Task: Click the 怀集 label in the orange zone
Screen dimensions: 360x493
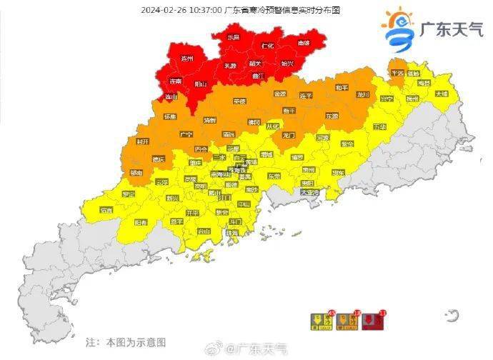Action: point(170,116)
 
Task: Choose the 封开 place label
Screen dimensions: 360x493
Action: point(142,142)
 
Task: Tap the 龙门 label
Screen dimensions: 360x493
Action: point(289,134)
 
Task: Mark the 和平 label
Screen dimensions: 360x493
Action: point(342,87)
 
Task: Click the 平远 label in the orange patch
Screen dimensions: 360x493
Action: point(397,72)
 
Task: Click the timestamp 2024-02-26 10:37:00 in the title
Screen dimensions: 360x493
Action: point(181,9)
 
